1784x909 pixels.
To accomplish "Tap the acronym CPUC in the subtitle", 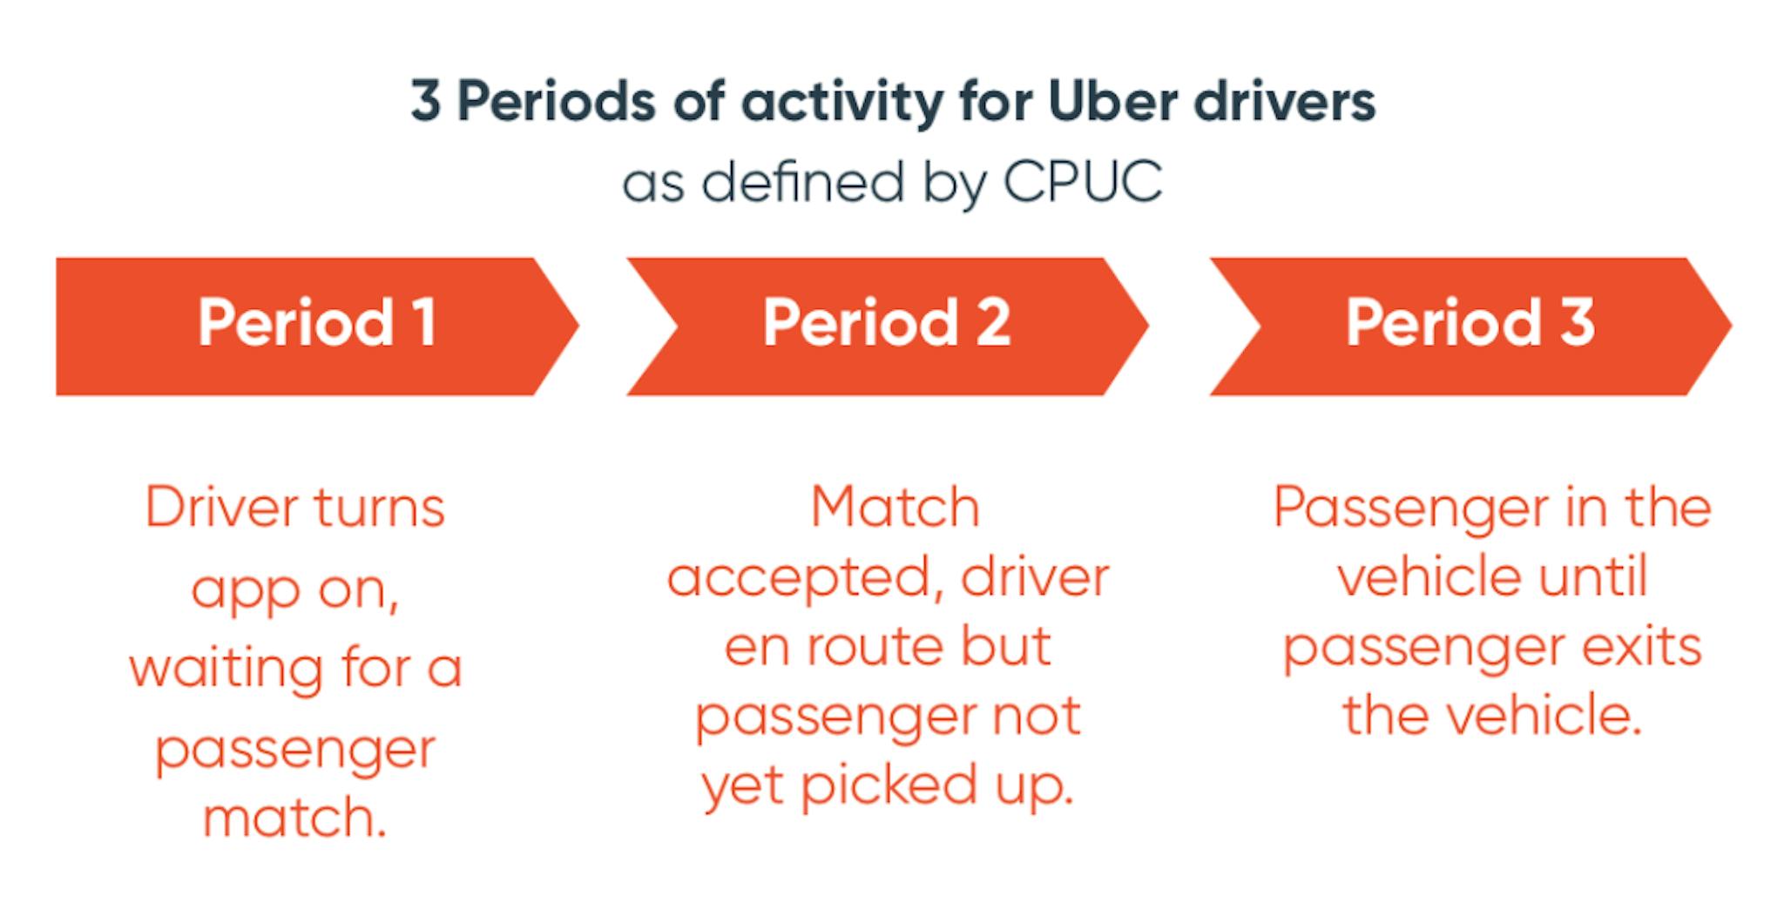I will point(1082,183).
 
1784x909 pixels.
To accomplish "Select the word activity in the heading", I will point(842,103).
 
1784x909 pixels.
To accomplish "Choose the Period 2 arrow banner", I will point(887,326).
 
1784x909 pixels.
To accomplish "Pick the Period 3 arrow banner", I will point(1470,326).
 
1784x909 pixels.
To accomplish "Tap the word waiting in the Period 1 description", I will point(225,669).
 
